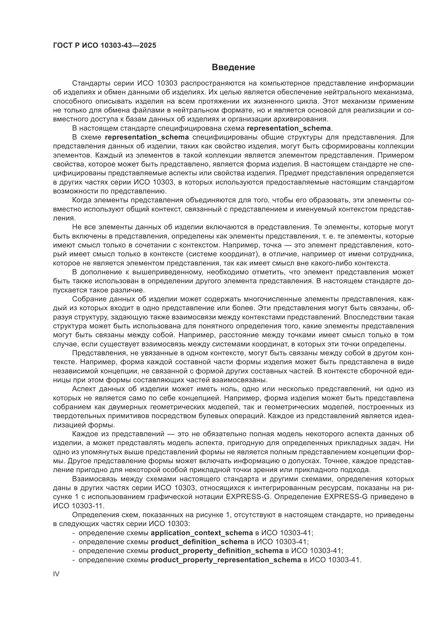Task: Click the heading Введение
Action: (x=234, y=67)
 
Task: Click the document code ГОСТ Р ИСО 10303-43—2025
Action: (x=104, y=45)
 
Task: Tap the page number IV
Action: (x=56, y=574)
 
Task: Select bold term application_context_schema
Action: (x=202, y=533)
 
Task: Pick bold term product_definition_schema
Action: (x=200, y=542)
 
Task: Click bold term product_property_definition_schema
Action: (x=217, y=551)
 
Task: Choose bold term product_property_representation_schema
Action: (x=226, y=560)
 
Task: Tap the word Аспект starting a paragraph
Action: (x=84, y=389)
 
